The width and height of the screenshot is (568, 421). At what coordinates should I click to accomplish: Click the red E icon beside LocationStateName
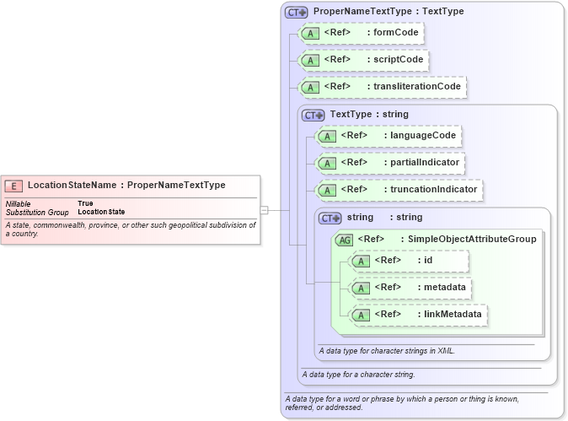pyautogui.click(x=14, y=186)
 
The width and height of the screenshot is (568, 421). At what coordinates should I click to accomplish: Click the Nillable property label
pyautogui.click(x=19, y=203)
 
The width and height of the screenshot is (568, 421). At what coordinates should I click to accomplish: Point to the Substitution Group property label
pyautogui.click(x=37, y=212)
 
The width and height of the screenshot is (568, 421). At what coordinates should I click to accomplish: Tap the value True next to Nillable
pyautogui.click(x=86, y=203)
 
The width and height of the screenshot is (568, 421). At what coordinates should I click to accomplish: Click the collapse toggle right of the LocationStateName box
pyautogui.click(x=264, y=210)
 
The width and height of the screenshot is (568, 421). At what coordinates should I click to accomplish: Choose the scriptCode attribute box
pyautogui.click(x=364, y=61)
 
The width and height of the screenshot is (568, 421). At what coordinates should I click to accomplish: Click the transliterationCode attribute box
pyautogui.click(x=383, y=87)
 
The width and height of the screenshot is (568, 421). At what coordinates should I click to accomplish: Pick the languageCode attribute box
pyautogui.click(x=388, y=136)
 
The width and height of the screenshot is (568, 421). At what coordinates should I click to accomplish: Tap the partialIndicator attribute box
pyautogui.click(x=391, y=163)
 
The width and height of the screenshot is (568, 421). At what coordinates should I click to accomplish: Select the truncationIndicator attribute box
pyautogui.click(x=399, y=190)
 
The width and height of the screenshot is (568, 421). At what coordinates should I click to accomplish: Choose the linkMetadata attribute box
pyautogui.click(x=419, y=315)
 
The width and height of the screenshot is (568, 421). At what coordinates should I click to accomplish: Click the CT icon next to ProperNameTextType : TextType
pyautogui.click(x=296, y=12)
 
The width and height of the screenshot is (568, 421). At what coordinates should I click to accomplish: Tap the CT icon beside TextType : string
pyautogui.click(x=313, y=115)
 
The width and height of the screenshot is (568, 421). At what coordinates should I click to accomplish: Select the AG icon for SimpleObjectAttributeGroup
pyautogui.click(x=344, y=240)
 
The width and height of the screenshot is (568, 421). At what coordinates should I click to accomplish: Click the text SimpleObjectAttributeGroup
pyautogui.click(x=472, y=240)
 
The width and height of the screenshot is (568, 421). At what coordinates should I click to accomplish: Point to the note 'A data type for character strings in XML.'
pyautogui.click(x=387, y=350)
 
